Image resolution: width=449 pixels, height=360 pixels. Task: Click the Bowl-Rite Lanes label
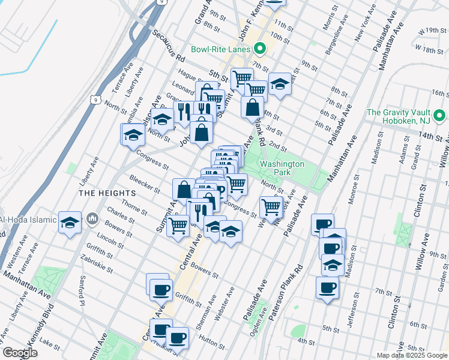pyautogui.click(x=220, y=49)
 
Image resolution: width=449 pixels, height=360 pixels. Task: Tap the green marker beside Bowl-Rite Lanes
pyautogui.click(x=259, y=49)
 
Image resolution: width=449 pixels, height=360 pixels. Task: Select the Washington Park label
pyautogui.click(x=282, y=168)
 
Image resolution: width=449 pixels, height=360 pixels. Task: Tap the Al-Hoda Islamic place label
pyautogui.click(x=28, y=219)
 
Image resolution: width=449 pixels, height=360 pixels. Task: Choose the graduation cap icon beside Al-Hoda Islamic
pyautogui.click(x=70, y=223)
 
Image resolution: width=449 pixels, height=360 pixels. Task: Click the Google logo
pyautogui.click(x=19, y=353)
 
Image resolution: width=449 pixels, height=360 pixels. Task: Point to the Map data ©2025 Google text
pyautogui.click(x=412, y=355)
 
